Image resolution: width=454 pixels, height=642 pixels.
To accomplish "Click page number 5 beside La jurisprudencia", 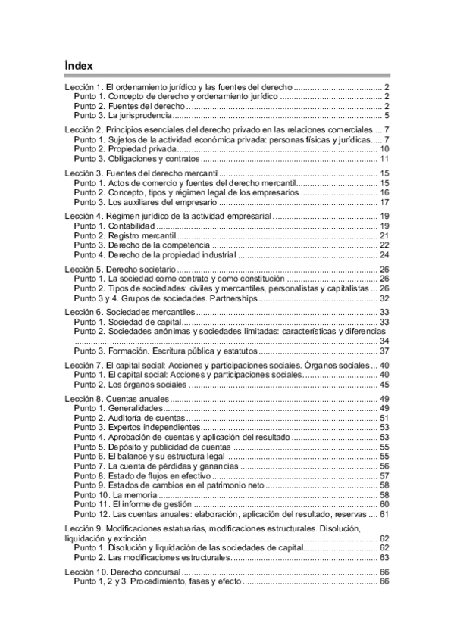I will coord(387,116).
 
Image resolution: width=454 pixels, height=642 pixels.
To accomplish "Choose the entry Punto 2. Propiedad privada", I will coord(121,149).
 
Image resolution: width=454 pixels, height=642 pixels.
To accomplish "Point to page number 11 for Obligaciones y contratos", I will coord(384,159).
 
